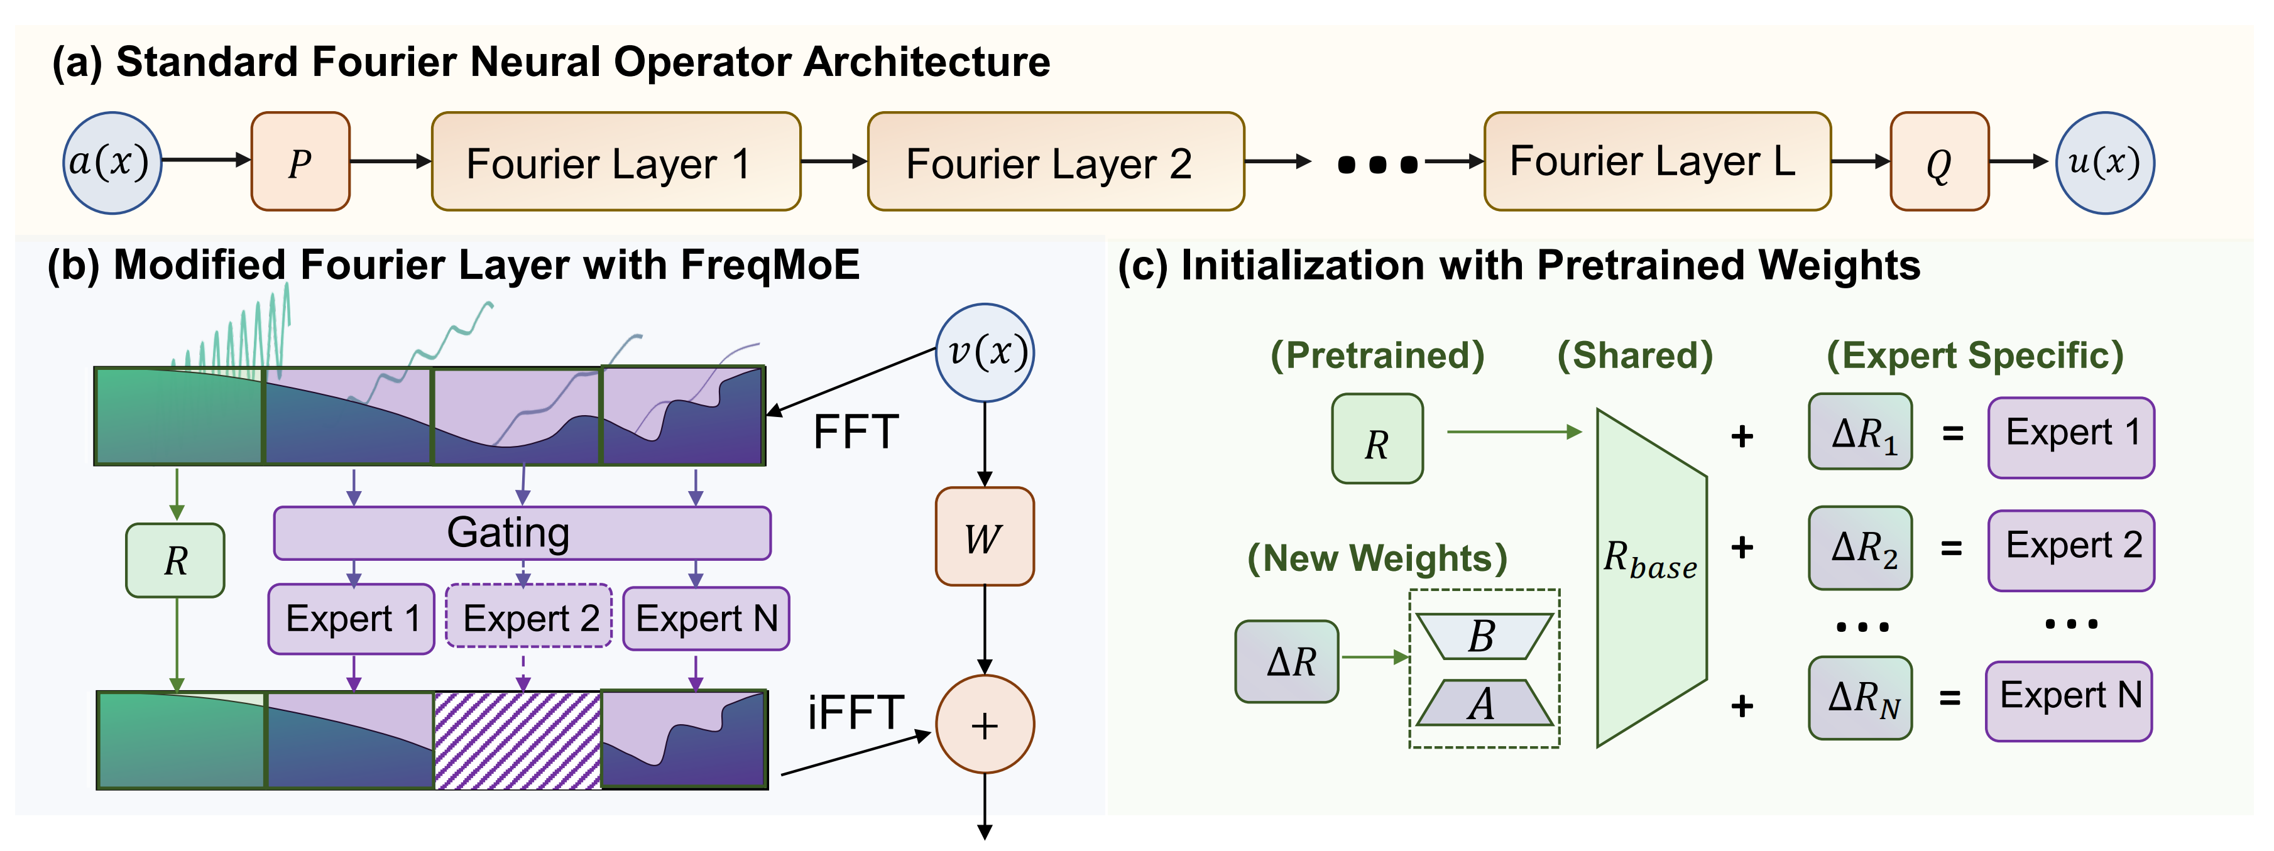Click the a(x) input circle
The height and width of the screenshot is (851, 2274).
point(112,163)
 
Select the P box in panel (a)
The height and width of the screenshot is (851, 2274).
point(300,161)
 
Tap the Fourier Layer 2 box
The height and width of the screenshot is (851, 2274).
point(1055,161)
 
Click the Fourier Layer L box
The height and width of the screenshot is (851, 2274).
point(1656,161)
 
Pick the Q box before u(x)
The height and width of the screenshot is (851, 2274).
point(1938,161)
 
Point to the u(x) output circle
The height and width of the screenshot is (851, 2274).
point(2104,163)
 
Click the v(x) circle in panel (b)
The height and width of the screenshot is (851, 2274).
point(984,352)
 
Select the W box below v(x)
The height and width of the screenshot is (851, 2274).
point(984,537)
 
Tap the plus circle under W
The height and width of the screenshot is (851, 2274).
point(984,724)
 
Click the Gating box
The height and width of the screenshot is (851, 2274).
point(522,533)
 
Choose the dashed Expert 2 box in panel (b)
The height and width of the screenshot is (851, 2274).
point(529,617)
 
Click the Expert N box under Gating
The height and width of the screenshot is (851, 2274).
point(706,619)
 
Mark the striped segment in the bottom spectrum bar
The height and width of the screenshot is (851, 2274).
point(517,740)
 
